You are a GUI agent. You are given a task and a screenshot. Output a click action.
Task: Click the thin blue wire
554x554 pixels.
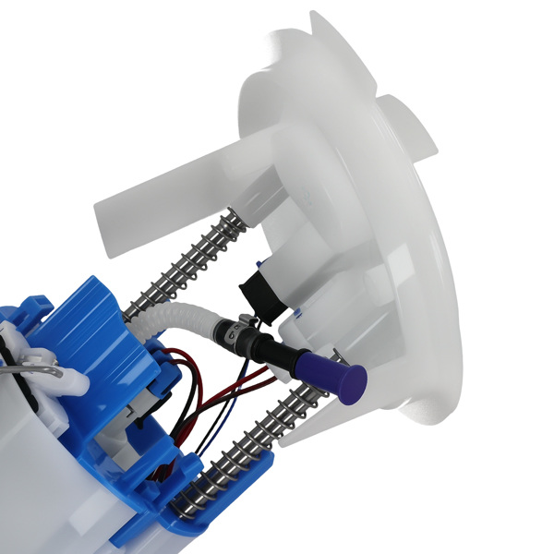tap(222, 415)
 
